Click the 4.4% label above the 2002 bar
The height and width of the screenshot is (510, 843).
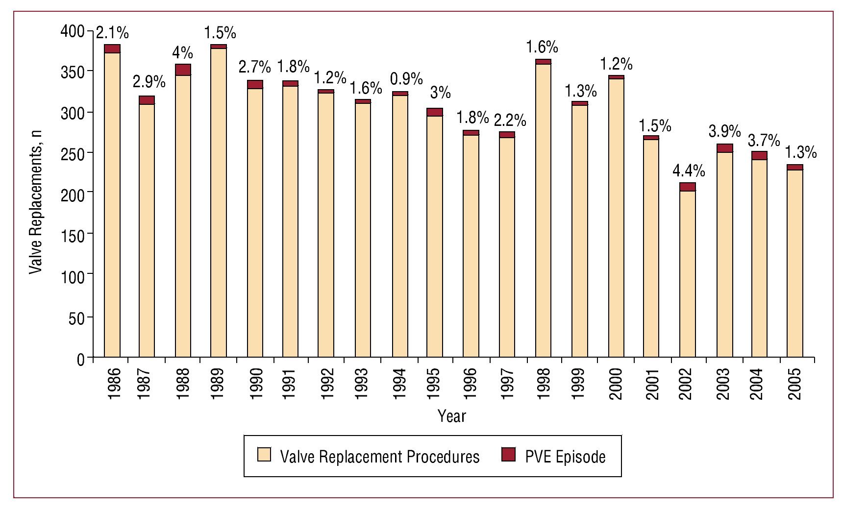[x=688, y=171]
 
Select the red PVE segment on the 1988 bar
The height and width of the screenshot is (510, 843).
[x=183, y=70]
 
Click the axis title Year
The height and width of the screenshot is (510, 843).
[x=451, y=416]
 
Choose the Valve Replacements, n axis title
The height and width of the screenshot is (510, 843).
[x=36, y=202]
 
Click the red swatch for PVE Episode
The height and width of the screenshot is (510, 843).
[x=509, y=455]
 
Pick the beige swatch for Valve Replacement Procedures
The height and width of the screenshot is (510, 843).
[x=264, y=455]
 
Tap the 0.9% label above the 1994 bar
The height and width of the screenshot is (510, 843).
[x=406, y=78]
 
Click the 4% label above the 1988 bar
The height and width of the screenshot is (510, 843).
[x=182, y=52]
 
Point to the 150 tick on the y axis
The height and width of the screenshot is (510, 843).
[x=73, y=235]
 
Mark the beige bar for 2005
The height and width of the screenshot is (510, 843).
[x=794, y=264]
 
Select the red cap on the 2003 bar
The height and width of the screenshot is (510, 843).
[x=724, y=148]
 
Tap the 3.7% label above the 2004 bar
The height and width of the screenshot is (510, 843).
[x=763, y=141]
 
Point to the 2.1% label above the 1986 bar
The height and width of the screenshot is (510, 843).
[x=112, y=33]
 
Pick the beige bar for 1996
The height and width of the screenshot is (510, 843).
[x=471, y=246]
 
